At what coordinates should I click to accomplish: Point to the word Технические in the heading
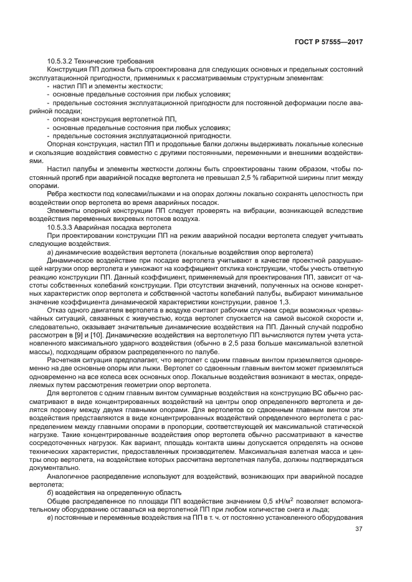[x=98, y=61]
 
